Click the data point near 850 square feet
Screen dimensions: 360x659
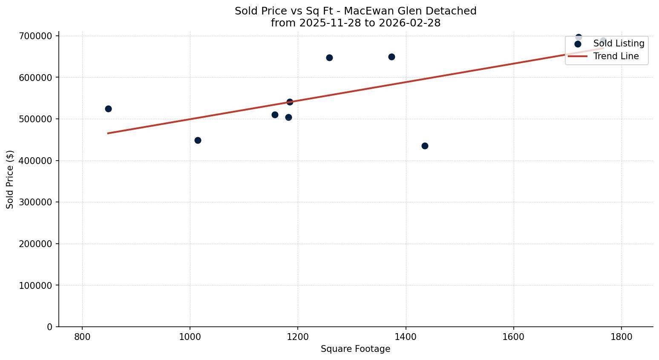pyautogui.click(x=108, y=109)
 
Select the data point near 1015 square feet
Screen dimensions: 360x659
pyautogui.click(x=198, y=140)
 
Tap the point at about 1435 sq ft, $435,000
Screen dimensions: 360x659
pyautogui.click(x=425, y=146)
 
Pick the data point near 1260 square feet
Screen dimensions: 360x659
pyautogui.click(x=329, y=58)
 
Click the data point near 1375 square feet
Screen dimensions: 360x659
pyautogui.click(x=391, y=57)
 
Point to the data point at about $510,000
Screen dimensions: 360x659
pyautogui.click(x=275, y=115)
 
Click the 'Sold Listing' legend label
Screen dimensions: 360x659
pyautogui.click(x=619, y=43)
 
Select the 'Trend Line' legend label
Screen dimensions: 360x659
pyautogui.click(x=616, y=56)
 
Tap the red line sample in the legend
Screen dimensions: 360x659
pyautogui.click(x=578, y=56)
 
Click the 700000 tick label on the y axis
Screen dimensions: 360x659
pyautogui.click(x=36, y=36)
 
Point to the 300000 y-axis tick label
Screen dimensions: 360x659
pyautogui.click(x=36, y=202)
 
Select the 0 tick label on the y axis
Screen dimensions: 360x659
pyautogui.click(x=50, y=327)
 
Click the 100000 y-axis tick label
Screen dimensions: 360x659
pyautogui.click(x=36, y=285)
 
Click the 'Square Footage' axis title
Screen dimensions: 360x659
pyautogui.click(x=355, y=349)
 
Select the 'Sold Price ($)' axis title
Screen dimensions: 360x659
pyautogui.click(x=10, y=179)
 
